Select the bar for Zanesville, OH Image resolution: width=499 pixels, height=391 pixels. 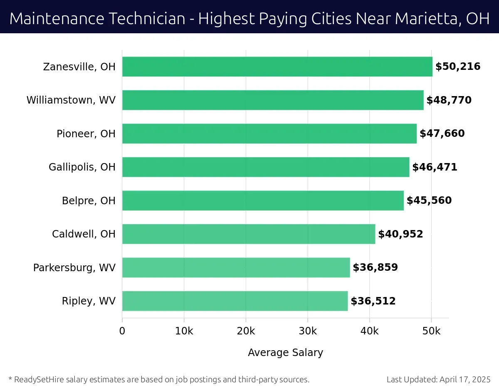[x=277, y=67]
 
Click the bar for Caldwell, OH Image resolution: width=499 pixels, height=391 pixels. [x=249, y=234]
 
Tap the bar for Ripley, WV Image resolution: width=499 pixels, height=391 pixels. [x=235, y=301]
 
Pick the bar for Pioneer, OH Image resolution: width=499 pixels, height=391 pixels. [x=269, y=134]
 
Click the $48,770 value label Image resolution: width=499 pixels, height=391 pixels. [x=449, y=100]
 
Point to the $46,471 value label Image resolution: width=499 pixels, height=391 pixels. [x=435, y=167]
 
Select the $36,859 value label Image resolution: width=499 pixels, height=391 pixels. [x=375, y=267]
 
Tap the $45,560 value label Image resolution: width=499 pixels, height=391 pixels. [x=429, y=200]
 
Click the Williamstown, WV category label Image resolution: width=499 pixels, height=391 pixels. [x=71, y=100]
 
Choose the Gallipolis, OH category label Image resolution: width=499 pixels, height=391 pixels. [x=82, y=167]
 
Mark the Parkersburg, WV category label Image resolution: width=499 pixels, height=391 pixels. [x=74, y=267]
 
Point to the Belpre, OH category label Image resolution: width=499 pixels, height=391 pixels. [x=89, y=200]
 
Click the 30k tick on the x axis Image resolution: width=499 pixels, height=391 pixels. [x=308, y=331]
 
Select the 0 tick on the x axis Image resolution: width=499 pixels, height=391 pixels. [x=122, y=331]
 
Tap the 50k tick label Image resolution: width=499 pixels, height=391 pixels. [x=431, y=331]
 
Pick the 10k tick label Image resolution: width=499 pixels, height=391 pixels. [x=184, y=331]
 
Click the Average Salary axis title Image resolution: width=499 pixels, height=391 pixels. [x=285, y=353]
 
